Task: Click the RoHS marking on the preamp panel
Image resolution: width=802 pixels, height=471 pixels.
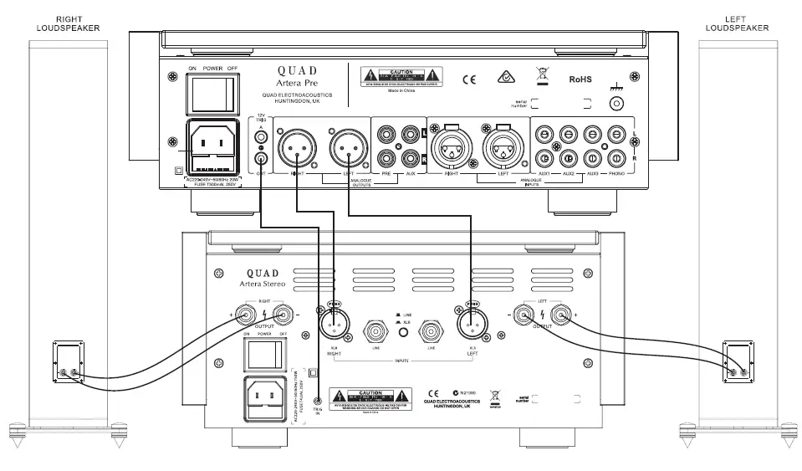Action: (580, 81)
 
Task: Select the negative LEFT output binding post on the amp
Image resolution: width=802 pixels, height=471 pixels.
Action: (524, 315)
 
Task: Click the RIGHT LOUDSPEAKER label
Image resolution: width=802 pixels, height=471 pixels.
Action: (67, 23)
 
